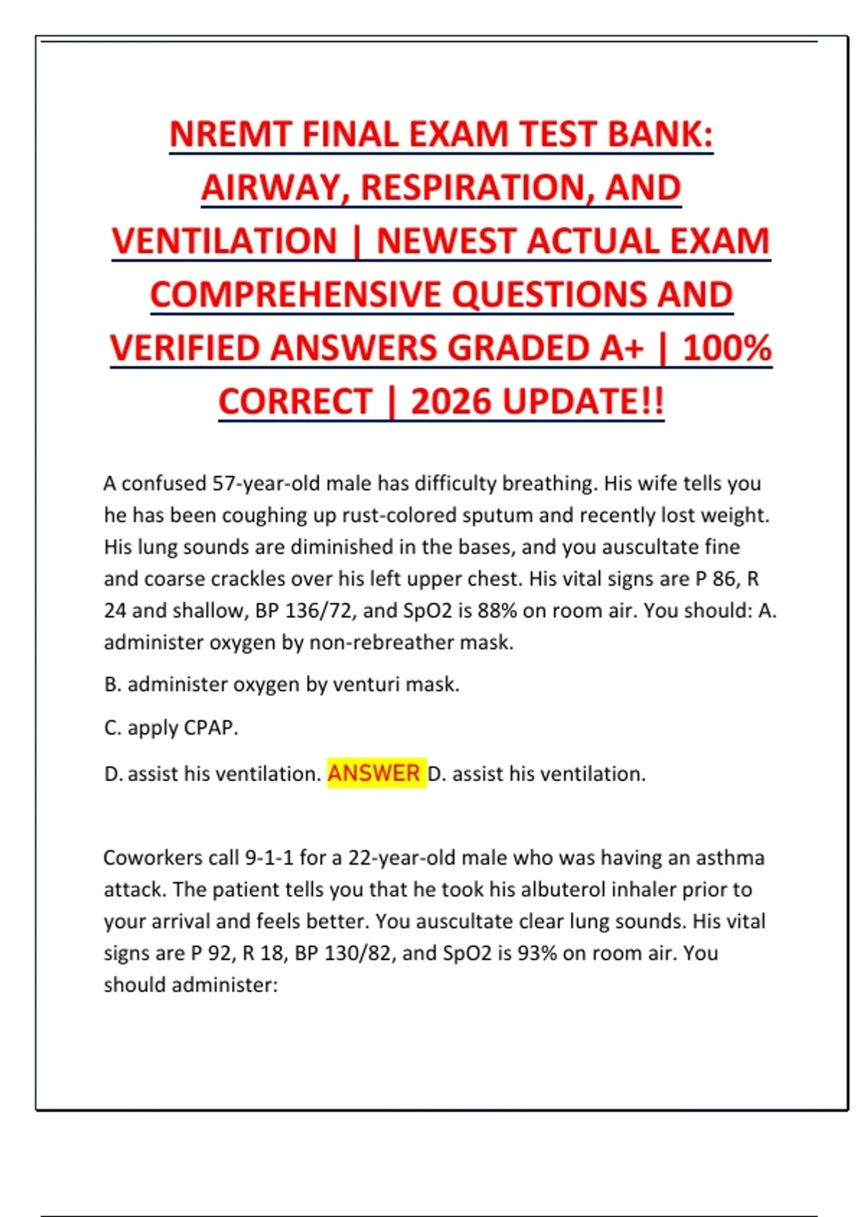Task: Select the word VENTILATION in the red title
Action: pyautogui.click(x=224, y=241)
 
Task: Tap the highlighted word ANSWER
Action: pyautogui.click(x=374, y=773)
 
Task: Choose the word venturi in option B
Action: pyautogui.click(x=367, y=684)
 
